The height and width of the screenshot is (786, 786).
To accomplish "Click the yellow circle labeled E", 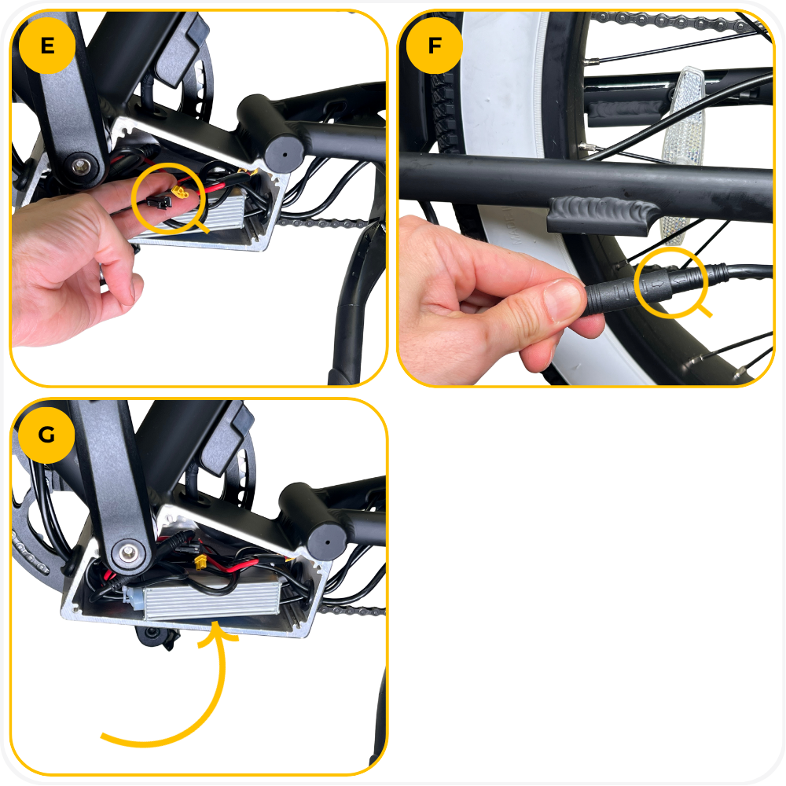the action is [47, 46].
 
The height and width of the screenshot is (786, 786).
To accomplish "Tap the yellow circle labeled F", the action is [435, 46].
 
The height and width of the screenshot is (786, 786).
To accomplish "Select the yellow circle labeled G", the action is [46, 435].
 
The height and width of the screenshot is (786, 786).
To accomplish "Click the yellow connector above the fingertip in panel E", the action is [180, 191].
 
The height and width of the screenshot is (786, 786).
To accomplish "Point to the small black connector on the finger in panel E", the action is [160, 202].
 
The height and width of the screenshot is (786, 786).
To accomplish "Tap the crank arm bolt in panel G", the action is [128, 553].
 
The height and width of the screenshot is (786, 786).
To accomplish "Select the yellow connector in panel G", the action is [200, 562].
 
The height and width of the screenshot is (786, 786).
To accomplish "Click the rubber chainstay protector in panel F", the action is [600, 215].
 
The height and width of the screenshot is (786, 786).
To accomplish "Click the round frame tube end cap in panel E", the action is [285, 154].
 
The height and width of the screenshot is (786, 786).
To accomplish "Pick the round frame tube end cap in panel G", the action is [327, 542].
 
